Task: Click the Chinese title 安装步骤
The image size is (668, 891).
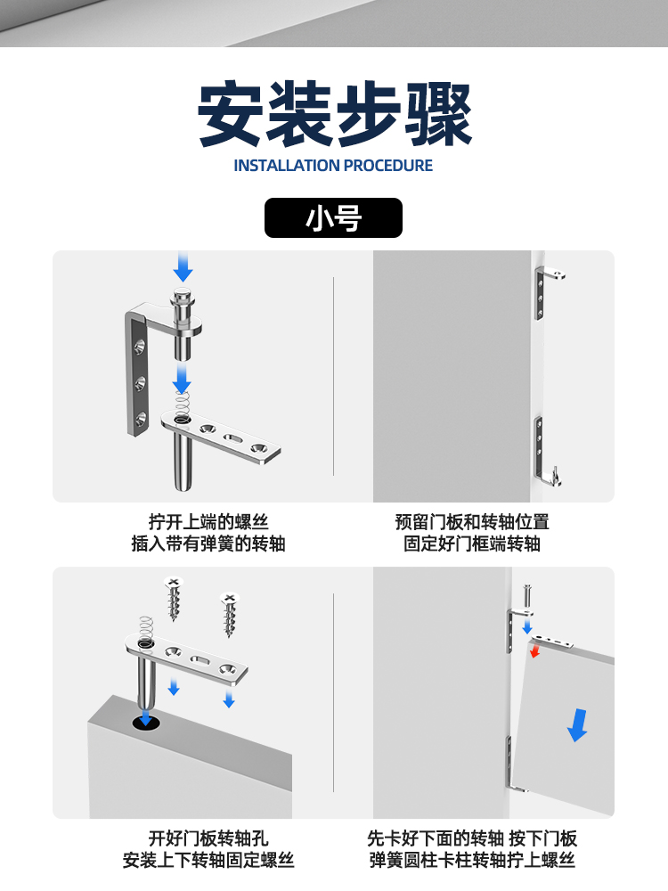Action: pos(334,115)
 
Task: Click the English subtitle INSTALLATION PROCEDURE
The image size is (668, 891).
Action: pos(333,166)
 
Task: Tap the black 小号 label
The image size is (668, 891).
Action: pos(333,218)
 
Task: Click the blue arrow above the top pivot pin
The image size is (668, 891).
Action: pos(183,265)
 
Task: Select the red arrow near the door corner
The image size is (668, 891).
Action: pos(534,651)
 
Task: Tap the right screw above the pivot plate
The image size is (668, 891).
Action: pos(230,613)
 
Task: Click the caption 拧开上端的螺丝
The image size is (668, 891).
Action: pos(208,522)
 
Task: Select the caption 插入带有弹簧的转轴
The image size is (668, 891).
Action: pos(208,544)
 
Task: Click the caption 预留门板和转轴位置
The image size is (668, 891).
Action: pos(472,522)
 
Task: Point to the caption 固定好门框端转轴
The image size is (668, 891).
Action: pos(472,544)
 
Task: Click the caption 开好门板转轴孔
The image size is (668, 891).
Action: pos(208,838)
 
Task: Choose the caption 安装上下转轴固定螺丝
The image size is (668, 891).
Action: pos(208,861)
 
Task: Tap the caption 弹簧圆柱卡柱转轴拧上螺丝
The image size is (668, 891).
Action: pos(472,861)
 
